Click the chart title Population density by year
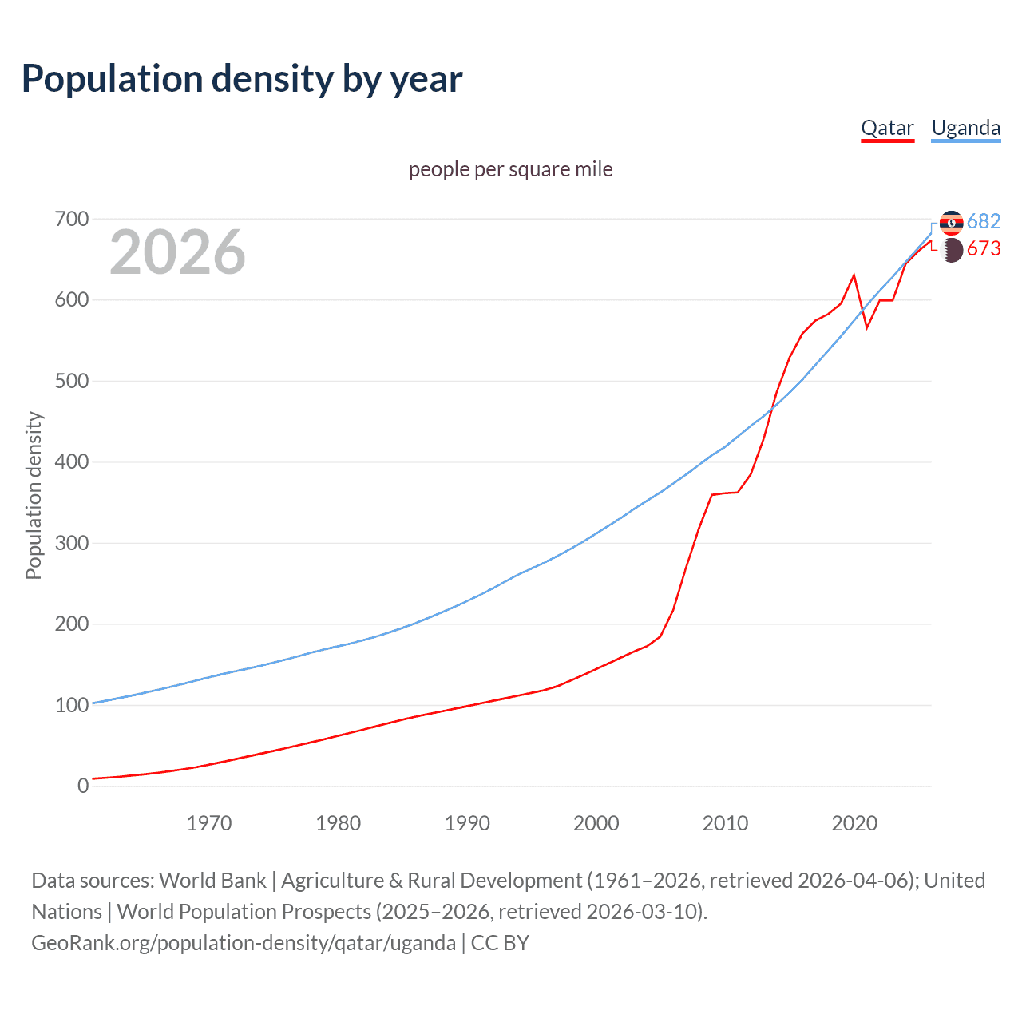(242, 78)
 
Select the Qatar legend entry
(887, 128)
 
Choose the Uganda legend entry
(965, 128)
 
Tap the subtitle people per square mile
(510, 169)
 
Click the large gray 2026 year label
(177, 252)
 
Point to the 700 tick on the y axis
(72, 219)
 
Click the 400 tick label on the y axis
(72, 462)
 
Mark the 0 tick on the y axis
(83, 786)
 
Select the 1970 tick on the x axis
(209, 822)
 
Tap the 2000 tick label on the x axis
(596, 822)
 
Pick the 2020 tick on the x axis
(854, 822)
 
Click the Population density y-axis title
(34, 495)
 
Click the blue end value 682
(984, 221)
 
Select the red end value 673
(984, 249)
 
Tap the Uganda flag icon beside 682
(951, 223)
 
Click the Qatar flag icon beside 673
(952, 250)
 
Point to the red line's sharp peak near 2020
(854, 275)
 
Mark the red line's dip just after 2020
(867, 327)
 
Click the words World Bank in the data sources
(212, 880)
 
